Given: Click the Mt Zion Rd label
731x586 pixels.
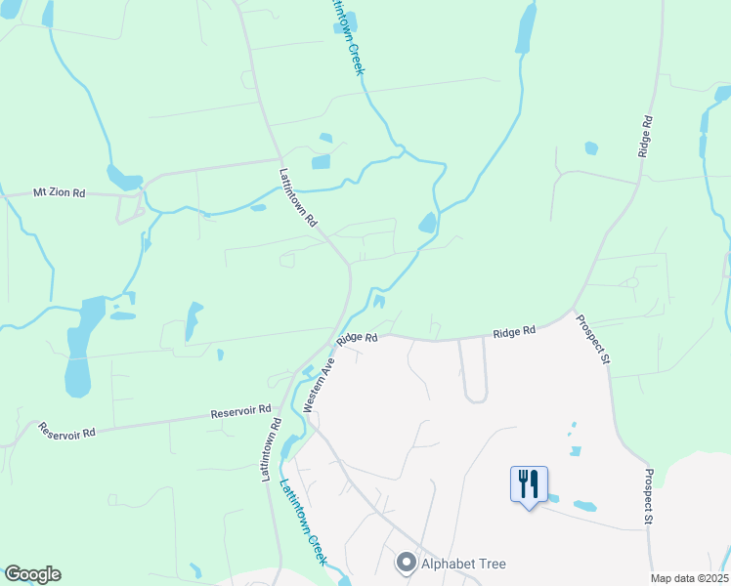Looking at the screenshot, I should click(x=60, y=193).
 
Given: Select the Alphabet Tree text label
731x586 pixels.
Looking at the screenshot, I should click(x=463, y=564).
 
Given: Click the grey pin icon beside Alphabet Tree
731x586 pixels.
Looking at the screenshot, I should click(x=406, y=564).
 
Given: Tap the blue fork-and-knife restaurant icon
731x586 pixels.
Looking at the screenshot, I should click(x=529, y=483).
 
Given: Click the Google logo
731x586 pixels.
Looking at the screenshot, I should click(x=32, y=574).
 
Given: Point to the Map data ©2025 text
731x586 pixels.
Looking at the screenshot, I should click(x=688, y=578).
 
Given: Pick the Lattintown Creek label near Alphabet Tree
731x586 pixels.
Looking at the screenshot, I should click(x=303, y=523).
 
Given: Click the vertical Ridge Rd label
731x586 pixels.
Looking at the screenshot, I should click(x=644, y=136).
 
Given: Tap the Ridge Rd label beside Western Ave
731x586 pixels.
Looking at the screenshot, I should click(x=358, y=338).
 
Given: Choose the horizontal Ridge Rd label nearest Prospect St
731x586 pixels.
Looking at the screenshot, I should click(x=514, y=332).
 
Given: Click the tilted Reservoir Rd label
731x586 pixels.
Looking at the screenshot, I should click(x=66, y=431).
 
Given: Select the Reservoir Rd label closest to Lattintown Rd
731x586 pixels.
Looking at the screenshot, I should click(x=239, y=413).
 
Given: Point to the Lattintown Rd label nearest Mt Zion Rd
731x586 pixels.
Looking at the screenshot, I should click(x=298, y=198).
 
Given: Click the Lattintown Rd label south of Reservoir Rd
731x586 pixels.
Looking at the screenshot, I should click(x=270, y=450).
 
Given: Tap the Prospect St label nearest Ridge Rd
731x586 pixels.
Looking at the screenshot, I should click(x=592, y=340).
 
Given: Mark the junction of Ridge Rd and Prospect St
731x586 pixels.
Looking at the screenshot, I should click(x=572, y=313).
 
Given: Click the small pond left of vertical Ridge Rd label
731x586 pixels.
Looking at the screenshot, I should click(x=590, y=148).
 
